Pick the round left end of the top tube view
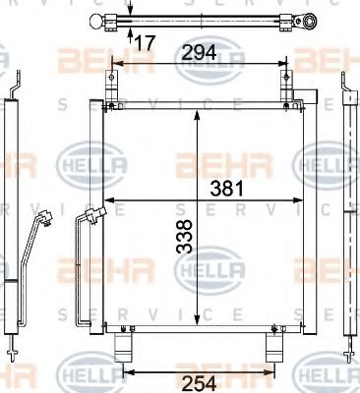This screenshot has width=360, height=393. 95,22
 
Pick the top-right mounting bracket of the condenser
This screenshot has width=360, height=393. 292,99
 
